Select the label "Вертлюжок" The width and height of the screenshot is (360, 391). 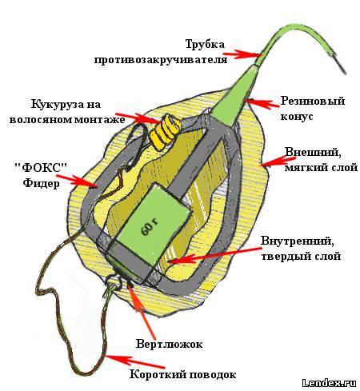(x=169, y=344)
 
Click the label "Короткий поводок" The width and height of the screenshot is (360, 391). (x=183, y=374)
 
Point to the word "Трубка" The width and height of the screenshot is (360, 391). (x=205, y=44)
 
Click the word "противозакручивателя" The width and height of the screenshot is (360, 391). (x=161, y=59)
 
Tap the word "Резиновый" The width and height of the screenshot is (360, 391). (x=313, y=102)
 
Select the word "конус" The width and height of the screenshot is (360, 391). (x=297, y=117)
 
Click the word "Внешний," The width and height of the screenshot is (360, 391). (x=313, y=153)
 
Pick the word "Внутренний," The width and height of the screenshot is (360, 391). (x=297, y=241)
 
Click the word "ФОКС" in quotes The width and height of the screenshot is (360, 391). (x=41, y=168)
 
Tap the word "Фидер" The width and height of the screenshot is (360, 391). (x=41, y=183)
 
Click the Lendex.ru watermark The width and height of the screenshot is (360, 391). (x=330, y=383)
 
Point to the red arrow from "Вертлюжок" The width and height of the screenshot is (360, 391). (x=141, y=309)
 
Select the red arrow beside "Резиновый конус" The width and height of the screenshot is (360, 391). (x=262, y=103)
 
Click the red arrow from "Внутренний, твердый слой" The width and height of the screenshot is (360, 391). (x=214, y=255)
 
